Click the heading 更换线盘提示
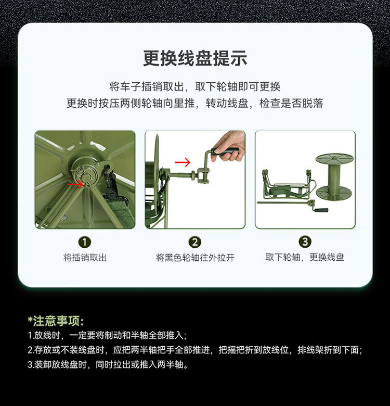(195, 58)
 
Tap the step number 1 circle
(85, 243)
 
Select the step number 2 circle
(195, 243)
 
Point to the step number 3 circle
(305, 242)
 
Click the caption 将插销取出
(85, 258)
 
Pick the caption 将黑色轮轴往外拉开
(195, 258)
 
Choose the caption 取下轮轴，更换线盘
(305, 257)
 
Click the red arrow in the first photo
(75, 184)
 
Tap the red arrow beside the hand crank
(183, 162)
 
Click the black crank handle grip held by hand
(225, 152)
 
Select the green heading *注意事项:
(56, 321)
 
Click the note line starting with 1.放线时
(107, 336)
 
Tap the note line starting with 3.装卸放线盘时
(108, 364)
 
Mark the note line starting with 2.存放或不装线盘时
(195, 350)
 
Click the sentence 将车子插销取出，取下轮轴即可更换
(195, 87)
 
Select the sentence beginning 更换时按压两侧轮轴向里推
(195, 103)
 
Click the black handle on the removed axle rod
(321, 210)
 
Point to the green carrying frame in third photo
(287, 186)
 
